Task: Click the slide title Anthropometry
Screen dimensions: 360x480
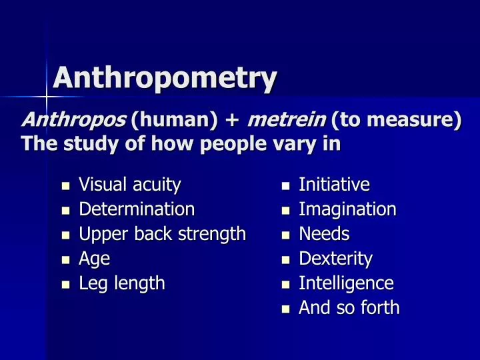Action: [164, 78]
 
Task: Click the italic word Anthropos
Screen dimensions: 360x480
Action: [73, 121]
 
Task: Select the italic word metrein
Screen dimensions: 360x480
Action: [287, 121]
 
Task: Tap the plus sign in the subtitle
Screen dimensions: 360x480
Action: [232, 121]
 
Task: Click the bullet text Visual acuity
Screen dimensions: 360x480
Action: [130, 184]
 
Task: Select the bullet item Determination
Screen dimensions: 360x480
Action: [137, 209]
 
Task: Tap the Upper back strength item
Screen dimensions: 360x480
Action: [163, 234]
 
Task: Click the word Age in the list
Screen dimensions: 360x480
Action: [94, 259]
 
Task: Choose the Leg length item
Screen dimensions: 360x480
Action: [122, 283]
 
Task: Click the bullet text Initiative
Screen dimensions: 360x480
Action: [334, 184]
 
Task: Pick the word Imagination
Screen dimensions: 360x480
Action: [347, 209]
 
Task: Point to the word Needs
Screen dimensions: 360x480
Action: [324, 234]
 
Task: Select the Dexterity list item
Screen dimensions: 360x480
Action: [335, 259]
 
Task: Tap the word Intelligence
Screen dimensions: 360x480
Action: [346, 283]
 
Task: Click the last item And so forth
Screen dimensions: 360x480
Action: [349, 308]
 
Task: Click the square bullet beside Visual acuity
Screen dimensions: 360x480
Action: [65, 185]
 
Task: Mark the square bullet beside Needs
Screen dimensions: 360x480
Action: [285, 235]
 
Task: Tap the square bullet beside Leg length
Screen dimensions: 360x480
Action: [65, 285]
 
